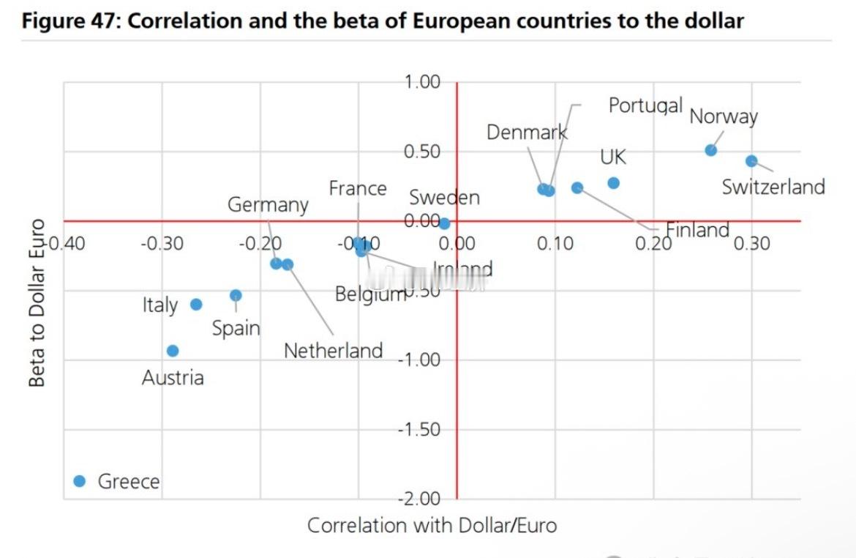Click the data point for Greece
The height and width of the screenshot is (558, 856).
pos(80,480)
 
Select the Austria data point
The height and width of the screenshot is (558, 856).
pos(173,351)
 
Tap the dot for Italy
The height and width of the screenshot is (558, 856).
pos(196,304)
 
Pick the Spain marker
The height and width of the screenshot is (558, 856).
pos(236,295)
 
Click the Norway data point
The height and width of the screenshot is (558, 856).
pos(710,150)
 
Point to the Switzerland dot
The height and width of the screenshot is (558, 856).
pos(751,161)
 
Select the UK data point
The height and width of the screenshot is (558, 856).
pos(613,182)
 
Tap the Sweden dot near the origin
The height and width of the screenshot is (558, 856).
pos(444,223)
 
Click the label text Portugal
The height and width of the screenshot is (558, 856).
pos(645,105)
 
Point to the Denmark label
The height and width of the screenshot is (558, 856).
pos(527,132)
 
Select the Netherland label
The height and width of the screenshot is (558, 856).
pos(333,351)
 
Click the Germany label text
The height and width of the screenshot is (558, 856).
pos(268,204)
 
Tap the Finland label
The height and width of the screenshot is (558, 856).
pos(697,230)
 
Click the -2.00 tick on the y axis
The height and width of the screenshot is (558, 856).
pos(419,499)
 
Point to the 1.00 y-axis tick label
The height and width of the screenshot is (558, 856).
pos(422,82)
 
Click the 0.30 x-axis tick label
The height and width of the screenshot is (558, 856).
pos(751,243)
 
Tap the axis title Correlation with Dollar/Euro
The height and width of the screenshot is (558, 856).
pos(432,525)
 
